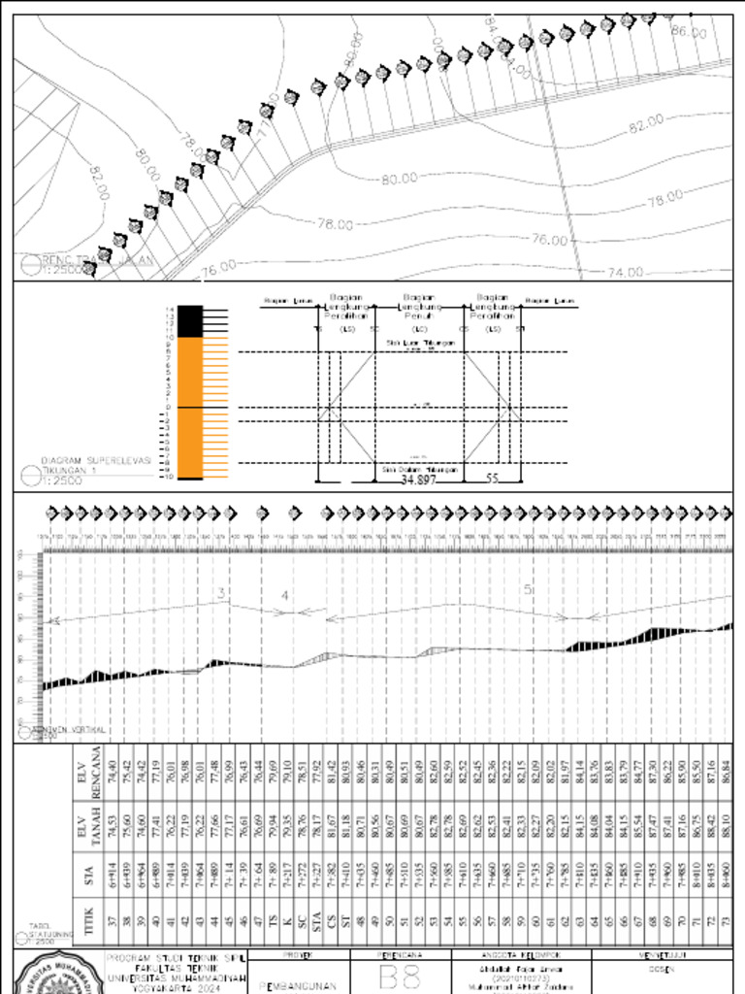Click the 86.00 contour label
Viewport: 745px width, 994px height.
689,32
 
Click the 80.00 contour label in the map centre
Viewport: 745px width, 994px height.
399,179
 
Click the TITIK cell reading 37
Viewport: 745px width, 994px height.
113,921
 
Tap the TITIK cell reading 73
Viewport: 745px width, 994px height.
726,921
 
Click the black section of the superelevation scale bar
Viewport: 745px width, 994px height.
189,321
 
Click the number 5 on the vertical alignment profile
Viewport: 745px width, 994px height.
528,589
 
